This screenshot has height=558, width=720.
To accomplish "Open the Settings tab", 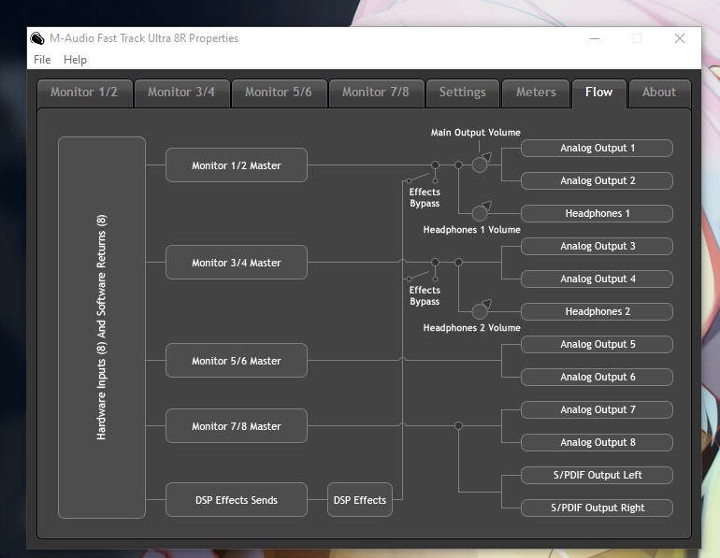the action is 463,93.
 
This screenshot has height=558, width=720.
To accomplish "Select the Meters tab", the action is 536,93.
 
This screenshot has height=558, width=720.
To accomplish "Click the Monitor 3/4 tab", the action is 181,93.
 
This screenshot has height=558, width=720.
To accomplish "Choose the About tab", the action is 659,93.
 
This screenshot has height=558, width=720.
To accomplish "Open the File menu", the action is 42,60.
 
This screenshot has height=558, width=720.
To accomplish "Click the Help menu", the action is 75,60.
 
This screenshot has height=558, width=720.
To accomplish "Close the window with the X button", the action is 680,38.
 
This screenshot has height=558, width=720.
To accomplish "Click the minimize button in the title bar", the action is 595,38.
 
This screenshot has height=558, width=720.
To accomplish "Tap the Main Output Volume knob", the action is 481,164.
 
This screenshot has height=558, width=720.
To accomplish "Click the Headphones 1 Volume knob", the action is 481,212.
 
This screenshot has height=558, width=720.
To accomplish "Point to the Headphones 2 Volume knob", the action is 481,310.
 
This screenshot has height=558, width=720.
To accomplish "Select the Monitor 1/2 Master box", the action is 237,165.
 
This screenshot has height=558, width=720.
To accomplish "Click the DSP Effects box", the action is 360,500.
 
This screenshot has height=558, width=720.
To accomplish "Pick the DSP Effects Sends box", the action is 237,500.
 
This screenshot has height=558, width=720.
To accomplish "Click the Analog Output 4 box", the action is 597,279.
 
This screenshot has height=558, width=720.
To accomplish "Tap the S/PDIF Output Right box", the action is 597,508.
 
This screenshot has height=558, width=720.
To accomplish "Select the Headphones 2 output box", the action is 597,311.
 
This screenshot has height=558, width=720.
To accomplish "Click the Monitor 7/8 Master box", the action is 237,426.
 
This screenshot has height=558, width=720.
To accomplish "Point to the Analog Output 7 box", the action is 597,409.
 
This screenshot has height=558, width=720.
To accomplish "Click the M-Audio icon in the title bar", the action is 37,38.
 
